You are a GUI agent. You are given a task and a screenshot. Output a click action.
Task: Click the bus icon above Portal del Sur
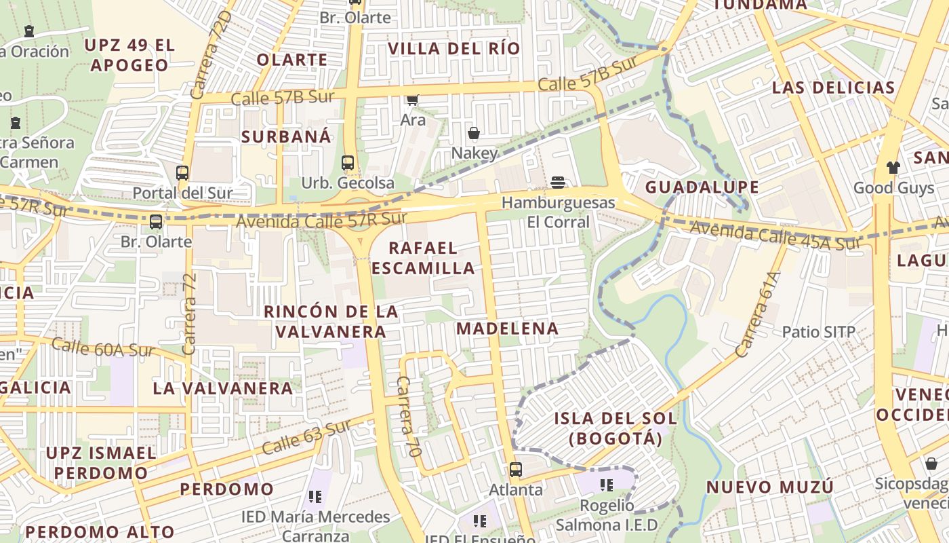[182, 172]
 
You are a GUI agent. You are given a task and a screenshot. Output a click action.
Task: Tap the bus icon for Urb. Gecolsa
[348, 163]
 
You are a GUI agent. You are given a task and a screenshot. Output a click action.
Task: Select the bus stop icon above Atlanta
[516, 469]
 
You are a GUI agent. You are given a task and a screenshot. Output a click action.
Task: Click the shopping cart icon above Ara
[412, 100]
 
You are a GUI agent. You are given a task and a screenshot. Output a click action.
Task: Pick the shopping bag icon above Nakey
[474, 133]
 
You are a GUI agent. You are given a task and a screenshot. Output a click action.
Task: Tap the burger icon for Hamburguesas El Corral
[558, 182]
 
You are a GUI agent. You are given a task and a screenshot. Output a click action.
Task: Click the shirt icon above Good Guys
[893, 167]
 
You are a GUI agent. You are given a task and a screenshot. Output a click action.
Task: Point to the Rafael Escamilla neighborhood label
[423, 258]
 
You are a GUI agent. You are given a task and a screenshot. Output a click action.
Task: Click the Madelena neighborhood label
[507, 329]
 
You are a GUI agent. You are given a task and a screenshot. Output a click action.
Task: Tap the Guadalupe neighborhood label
[702, 187]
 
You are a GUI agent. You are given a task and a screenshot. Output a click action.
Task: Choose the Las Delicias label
[834, 88]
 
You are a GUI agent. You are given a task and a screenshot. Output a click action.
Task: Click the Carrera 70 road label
[409, 416]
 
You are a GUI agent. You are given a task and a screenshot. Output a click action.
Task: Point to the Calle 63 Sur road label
[306, 437]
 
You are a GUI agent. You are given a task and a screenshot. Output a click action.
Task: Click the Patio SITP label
[819, 332]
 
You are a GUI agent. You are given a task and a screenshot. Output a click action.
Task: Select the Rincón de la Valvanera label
[331, 322]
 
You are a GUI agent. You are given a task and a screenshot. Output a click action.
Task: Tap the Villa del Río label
[454, 48]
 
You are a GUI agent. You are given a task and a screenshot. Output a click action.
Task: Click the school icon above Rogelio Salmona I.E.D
[607, 485]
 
